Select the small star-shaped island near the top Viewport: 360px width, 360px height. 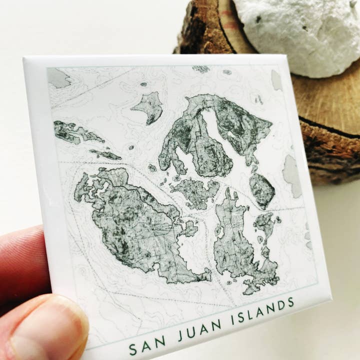coord(149,107)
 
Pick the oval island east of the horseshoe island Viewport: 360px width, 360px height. coord(261,189)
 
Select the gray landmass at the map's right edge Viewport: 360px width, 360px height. coord(291,174)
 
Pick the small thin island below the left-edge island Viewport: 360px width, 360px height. coord(105,154)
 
